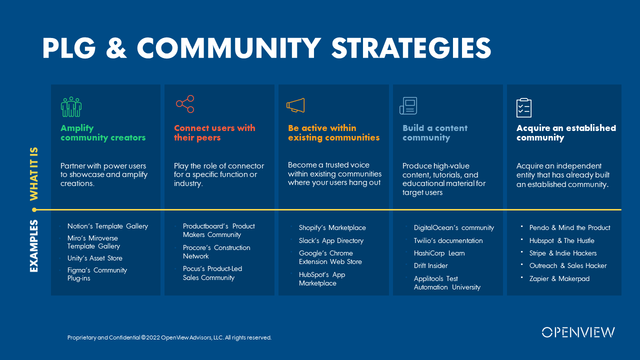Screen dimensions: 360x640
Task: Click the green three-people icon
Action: [x=71, y=106]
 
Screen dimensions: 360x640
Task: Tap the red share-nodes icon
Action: [x=185, y=104]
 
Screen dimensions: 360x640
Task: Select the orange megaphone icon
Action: [x=295, y=105]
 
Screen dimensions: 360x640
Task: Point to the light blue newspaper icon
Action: [x=408, y=106]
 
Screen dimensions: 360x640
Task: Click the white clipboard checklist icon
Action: [x=523, y=107]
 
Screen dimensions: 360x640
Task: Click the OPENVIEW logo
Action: [x=578, y=332]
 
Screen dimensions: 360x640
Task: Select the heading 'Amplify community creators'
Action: [x=103, y=133]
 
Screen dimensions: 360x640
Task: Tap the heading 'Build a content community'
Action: [x=434, y=133]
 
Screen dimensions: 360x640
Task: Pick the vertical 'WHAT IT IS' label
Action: [x=34, y=172]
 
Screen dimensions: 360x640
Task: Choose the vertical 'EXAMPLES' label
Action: [x=34, y=246]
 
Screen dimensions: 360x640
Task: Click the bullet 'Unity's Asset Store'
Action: [x=95, y=258]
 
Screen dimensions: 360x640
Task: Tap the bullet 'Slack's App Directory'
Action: [x=331, y=240]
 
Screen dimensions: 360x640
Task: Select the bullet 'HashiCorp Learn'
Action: [x=439, y=253]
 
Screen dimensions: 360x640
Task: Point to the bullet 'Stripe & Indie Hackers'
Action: [x=563, y=253]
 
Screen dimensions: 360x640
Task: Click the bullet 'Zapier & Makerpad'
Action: [x=559, y=278]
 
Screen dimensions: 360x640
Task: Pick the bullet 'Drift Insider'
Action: [x=430, y=265]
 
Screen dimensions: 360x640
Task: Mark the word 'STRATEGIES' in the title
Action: [x=411, y=48]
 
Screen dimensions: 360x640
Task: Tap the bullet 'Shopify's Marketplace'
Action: [x=332, y=227]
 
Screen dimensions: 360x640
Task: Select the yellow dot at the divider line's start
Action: [x=34, y=209]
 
